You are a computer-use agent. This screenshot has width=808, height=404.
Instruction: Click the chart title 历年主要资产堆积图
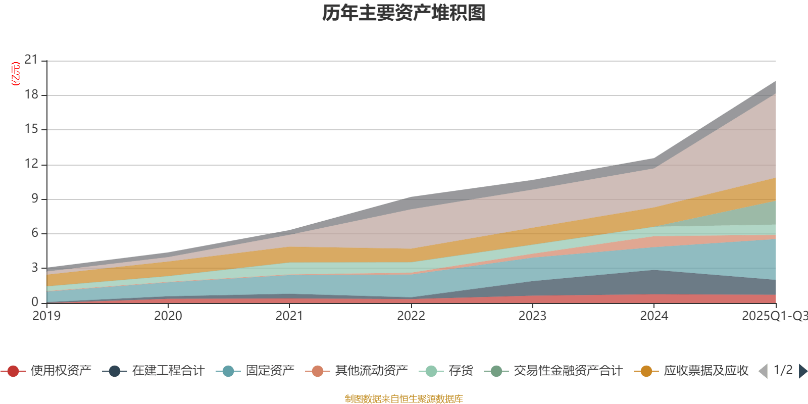404,13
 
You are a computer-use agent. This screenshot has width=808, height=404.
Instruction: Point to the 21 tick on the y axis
31,60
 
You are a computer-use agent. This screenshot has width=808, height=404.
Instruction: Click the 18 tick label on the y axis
31,95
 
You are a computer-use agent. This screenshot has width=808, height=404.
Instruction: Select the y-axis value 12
31,164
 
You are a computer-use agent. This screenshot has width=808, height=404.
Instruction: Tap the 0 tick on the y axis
34,302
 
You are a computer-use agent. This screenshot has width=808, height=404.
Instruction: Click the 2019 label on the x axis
46,316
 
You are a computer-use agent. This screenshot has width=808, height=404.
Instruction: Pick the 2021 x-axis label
289,316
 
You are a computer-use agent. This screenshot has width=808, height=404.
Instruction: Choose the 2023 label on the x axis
532,316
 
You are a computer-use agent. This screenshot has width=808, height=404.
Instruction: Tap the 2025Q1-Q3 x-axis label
774,316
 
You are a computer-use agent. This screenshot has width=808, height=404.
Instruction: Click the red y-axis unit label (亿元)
16,74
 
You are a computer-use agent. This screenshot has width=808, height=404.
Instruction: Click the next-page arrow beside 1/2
802,371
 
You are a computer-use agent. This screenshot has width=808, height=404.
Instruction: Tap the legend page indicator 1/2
783,370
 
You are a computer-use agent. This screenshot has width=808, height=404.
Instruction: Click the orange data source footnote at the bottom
404,399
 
